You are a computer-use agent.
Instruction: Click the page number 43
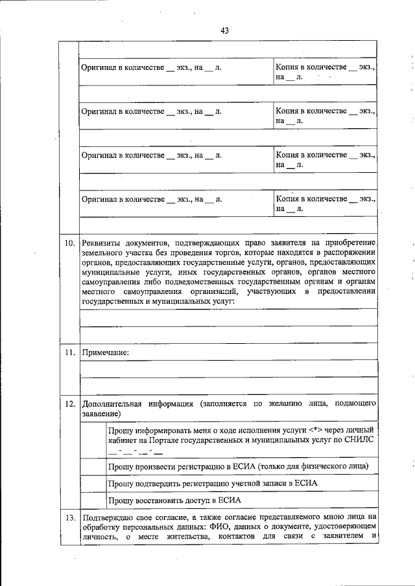point(225,30)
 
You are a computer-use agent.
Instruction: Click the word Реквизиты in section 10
point(104,243)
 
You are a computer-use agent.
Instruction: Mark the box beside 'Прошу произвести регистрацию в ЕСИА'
point(92,466)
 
